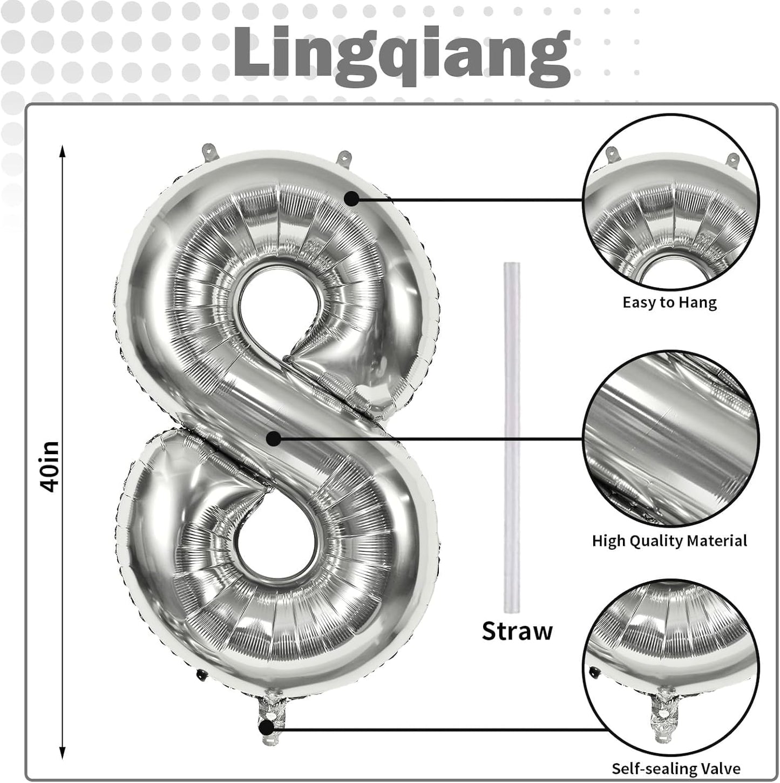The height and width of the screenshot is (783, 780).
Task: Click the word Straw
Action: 517,631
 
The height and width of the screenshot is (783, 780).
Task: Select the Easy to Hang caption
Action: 669,302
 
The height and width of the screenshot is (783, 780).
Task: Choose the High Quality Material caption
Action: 669,541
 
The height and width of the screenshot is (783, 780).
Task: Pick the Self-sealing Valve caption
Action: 676,768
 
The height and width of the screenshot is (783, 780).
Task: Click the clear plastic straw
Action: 512,437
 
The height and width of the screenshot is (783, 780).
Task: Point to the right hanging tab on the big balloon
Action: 344,159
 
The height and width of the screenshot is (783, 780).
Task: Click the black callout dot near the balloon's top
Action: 352,199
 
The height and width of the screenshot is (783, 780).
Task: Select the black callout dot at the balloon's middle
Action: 274,438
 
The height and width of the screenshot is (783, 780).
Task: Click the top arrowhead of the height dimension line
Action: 63,151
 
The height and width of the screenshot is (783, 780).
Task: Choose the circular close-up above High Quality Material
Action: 670,438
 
